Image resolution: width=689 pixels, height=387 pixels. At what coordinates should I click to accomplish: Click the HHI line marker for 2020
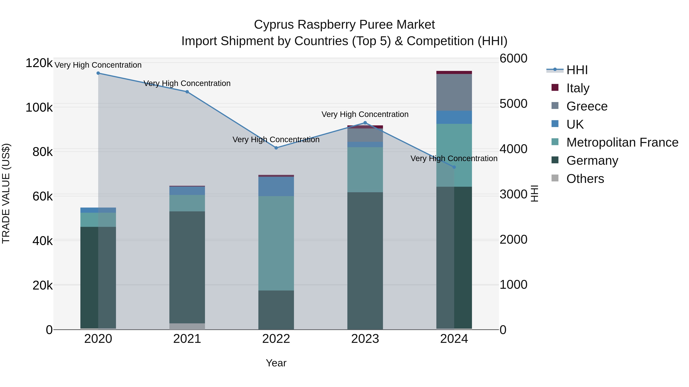tap(98, 73)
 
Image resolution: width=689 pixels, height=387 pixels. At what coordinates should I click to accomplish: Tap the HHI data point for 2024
tap(454, 167)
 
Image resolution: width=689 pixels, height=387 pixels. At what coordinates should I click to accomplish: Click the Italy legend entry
tap(578, 88)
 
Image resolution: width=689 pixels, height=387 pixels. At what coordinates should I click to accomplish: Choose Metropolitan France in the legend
tap(622, 143)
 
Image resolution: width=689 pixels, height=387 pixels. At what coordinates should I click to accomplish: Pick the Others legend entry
tap(585, 179)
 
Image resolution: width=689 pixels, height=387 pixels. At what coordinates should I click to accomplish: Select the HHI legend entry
tap(577, 70)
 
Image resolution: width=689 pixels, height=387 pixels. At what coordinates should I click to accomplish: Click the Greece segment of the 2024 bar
tap(454, 92)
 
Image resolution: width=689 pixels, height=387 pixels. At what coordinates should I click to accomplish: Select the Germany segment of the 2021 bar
tap(187, 267)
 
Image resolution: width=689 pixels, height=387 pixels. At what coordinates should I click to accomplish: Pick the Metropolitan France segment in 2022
tap(276, 243)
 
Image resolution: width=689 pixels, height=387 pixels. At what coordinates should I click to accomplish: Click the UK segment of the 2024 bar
tap(454, 117)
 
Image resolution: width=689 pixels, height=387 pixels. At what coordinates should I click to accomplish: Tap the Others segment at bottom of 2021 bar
tap(187, 326)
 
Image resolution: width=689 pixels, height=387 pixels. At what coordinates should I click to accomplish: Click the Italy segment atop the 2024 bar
tap(454, 72)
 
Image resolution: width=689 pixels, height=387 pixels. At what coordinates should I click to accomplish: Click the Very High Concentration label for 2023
tap(365, 114)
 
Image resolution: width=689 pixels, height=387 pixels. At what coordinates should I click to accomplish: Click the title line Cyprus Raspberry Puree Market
tap(344, 25)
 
